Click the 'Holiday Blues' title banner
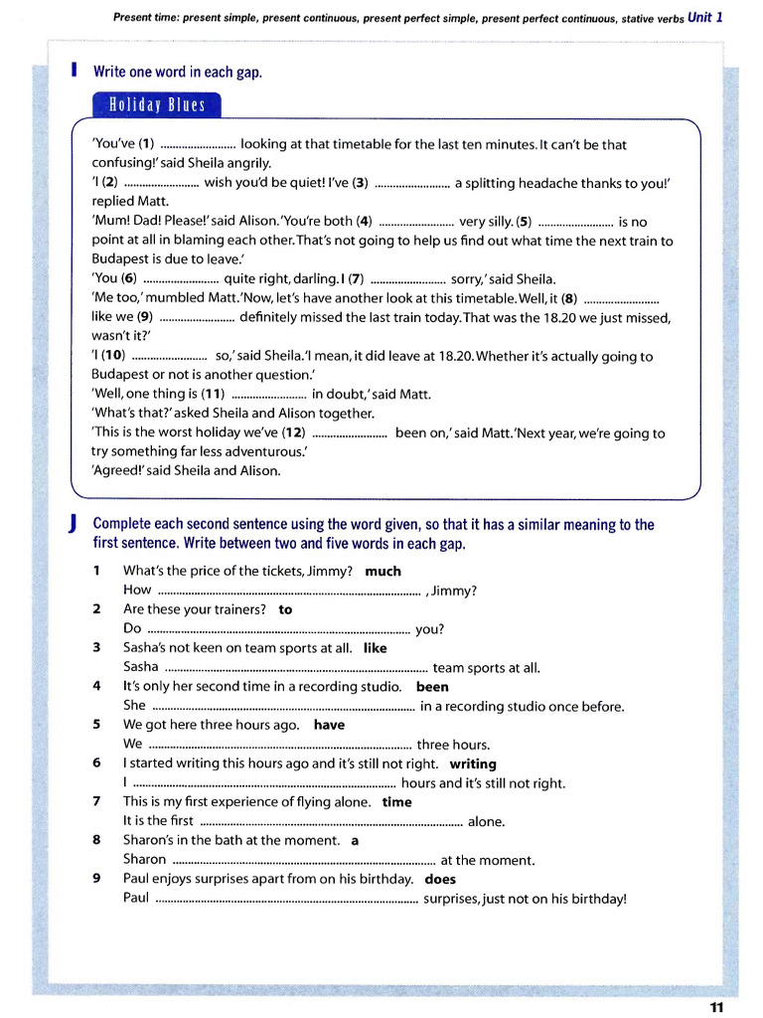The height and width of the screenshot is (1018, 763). coord(157,105)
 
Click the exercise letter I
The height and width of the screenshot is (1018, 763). coord(75,72)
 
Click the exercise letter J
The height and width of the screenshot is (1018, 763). coord(75,524)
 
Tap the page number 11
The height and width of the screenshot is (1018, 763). coord(717,1006)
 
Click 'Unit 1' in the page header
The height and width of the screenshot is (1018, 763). coord(705,17)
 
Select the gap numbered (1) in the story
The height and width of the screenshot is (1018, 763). coord(197,145)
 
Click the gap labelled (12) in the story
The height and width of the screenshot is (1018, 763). coord(349,433)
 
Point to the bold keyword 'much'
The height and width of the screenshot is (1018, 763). coord(382,572)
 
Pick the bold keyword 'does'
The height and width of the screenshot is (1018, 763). coord(440,879)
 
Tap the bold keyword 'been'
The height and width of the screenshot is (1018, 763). coord(432,687)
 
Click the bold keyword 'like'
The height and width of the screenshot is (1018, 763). coord(375,648)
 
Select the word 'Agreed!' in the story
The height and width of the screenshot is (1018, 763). coord(117,471)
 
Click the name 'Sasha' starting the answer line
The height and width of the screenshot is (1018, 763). coord(140,667)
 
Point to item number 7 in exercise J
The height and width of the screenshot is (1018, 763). coord(96,802)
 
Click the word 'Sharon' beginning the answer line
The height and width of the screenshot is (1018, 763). coord(144,860)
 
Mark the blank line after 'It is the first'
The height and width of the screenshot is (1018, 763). coord(331,823)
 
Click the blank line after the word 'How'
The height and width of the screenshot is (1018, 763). coord(288,592)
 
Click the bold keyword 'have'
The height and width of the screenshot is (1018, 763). coord(329,725)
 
